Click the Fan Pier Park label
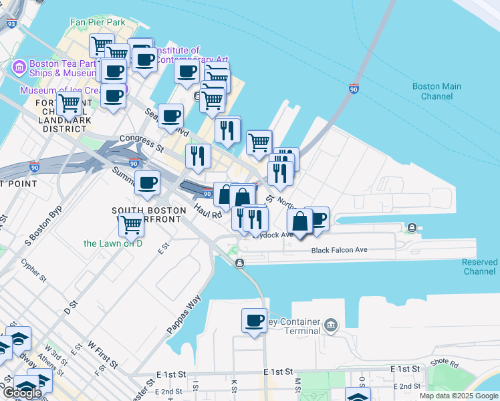[x=98, y=22]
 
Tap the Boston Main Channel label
[x=436, y=91]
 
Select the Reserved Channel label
[x=479, y=267]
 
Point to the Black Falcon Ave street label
[x=340, y=251]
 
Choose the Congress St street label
[x=142, y=141]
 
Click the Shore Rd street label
[x=444, y=364]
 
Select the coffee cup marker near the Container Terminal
[x=254, y=321]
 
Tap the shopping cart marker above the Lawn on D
[x=132, y=225]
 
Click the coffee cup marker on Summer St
[x=147, y=182]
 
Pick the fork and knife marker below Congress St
[x=198, y=156]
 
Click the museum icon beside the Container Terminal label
[x=330, y=325]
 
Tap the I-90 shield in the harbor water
[x=354, y=89]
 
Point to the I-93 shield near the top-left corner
[x=10, y=23]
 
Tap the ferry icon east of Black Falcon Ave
[x=412, y=229]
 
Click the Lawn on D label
[x=113, y=243]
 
